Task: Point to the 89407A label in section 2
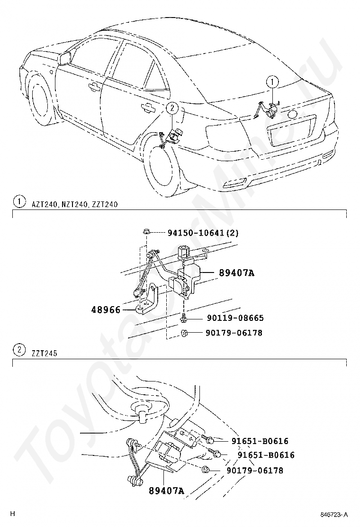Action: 166,491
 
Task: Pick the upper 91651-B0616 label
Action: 260,441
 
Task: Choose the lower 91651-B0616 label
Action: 266,455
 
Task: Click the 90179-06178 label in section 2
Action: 255,470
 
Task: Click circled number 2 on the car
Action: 172,109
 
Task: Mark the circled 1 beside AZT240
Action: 18,203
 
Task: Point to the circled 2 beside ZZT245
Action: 18,351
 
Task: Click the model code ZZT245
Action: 45,352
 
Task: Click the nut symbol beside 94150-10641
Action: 145,233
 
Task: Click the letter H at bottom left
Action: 13,514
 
